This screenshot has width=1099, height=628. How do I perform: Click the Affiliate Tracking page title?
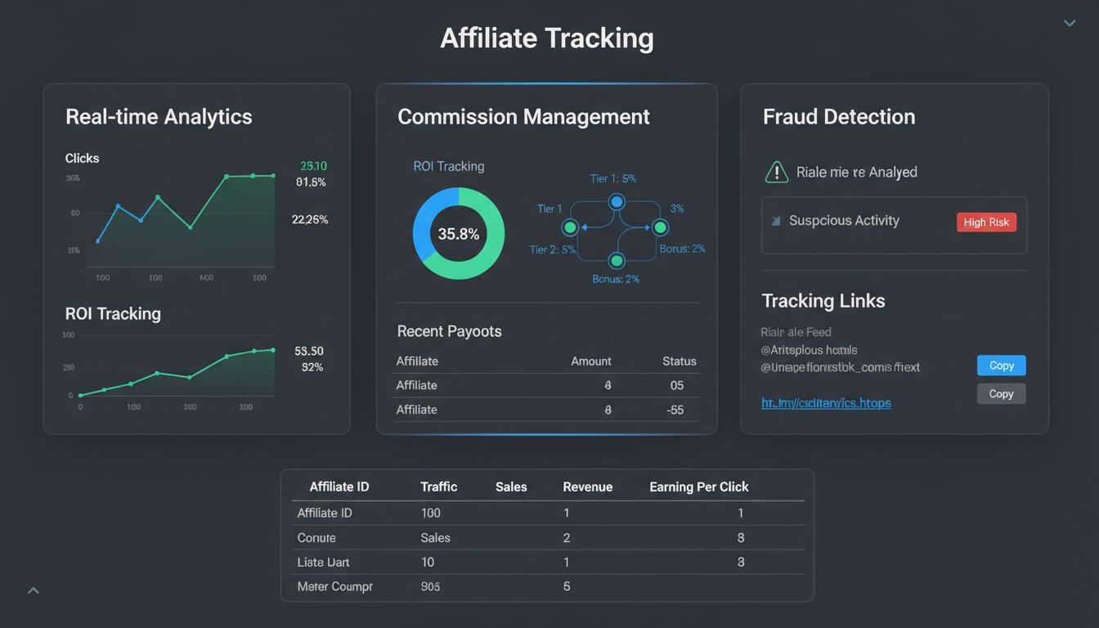point(547,38)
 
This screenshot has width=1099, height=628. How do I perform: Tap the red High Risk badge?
point(986,222)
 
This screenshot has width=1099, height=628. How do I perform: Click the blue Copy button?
point(1001,366)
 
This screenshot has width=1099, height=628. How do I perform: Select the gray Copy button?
point(1001,394)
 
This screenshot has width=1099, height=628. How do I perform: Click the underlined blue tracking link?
point(826,403)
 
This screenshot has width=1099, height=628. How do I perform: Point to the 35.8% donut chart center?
point(459,234)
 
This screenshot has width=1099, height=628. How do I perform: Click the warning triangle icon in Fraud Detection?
point(775,172)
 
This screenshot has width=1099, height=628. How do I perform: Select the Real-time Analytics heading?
point(159,117)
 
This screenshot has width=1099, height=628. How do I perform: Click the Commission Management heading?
point(523,117)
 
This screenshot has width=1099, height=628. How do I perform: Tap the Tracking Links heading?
point(823,301)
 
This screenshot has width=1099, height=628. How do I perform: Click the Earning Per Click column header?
point(698,487)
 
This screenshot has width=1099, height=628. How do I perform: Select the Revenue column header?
point(587,487)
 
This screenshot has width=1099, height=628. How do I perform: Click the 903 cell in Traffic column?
point(430,586)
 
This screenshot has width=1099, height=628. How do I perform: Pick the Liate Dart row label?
point(324,563)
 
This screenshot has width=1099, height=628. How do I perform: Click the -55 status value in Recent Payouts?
point(675,410)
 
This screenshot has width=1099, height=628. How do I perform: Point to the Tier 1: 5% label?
point(612,178)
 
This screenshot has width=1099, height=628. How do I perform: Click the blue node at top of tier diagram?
point(617,201)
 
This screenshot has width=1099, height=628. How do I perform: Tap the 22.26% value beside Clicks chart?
point(310,219)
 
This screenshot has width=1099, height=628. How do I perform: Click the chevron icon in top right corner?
point(1069,23)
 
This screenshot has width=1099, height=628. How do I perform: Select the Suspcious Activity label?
point(844,221)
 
